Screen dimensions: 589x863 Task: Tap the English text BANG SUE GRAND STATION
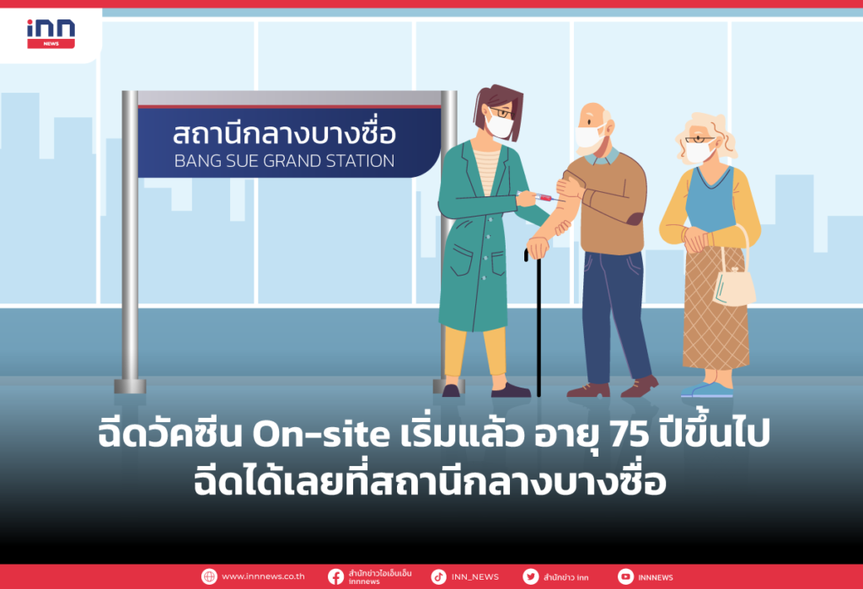coord(284,160)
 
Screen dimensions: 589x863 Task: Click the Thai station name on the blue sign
coord(284,133)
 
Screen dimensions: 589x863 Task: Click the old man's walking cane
coord(538,320)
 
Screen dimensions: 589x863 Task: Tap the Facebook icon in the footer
coord(335,577)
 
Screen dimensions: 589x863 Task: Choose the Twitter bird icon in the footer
coord(530,577)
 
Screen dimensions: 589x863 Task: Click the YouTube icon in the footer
coord(625,577)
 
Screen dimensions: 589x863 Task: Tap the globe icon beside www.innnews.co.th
coord(209,577)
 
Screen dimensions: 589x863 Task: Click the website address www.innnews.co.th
coord(263,577)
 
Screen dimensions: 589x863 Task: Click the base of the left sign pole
coord(130,386)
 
